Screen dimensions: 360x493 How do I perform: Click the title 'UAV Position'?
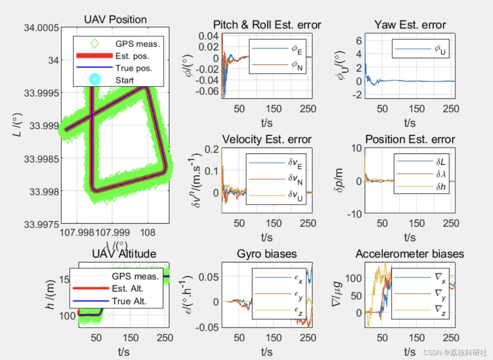[115, 19]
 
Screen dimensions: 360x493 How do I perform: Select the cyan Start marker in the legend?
[95, 79]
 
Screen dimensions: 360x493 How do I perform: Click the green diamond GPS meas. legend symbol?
[95, 44]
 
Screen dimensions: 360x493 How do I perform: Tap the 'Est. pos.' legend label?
[132, 56]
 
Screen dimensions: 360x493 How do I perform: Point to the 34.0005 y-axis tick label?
[41, 28]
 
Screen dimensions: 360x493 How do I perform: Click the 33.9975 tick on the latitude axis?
[41, 224]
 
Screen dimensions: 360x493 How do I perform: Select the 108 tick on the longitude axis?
[148, 233]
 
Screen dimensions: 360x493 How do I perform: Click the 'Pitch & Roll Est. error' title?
[267, 25]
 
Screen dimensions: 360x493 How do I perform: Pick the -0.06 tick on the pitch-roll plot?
[208, 91]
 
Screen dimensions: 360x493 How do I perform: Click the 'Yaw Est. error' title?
[410, 25]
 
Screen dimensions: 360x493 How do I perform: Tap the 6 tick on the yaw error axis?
[359, 40]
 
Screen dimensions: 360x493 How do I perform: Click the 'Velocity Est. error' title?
[267, 139]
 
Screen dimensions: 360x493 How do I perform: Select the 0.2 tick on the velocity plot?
[211, 149]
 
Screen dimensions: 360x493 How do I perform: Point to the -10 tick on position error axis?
[354, 214]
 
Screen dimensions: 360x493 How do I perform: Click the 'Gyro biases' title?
[267, 254]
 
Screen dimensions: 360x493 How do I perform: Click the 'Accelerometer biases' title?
[409, 254]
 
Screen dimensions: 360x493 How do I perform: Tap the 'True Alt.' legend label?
[129, 301]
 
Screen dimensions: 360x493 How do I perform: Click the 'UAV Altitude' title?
[124, 254]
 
